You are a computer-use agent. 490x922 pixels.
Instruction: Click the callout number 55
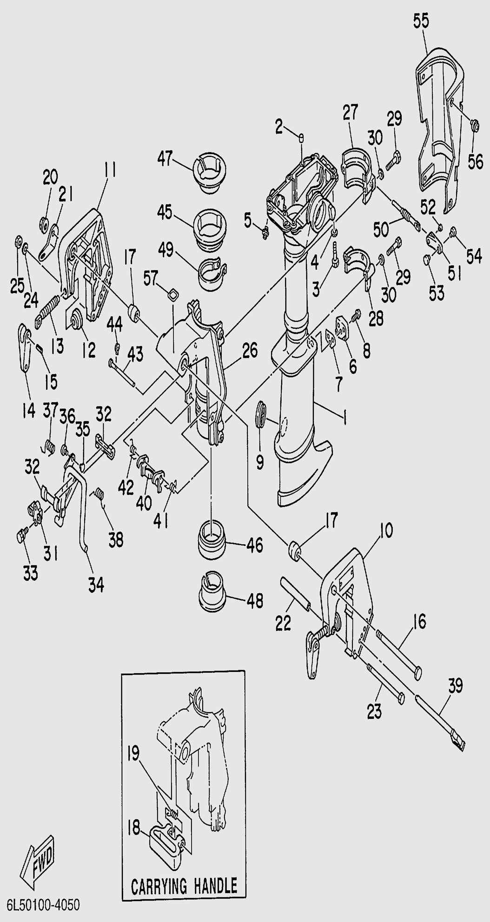[421, 21]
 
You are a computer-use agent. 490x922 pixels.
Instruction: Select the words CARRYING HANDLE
[184, 886]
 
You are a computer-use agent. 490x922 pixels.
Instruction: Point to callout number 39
[456, 685]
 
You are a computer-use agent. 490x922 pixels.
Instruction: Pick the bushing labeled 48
[213, 590]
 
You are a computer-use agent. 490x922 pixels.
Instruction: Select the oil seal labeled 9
[263, 413]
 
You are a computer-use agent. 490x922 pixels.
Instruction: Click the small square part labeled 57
[173, 293]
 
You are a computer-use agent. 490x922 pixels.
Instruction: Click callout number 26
[250, 351]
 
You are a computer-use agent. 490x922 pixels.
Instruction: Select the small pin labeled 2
[301, 137]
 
